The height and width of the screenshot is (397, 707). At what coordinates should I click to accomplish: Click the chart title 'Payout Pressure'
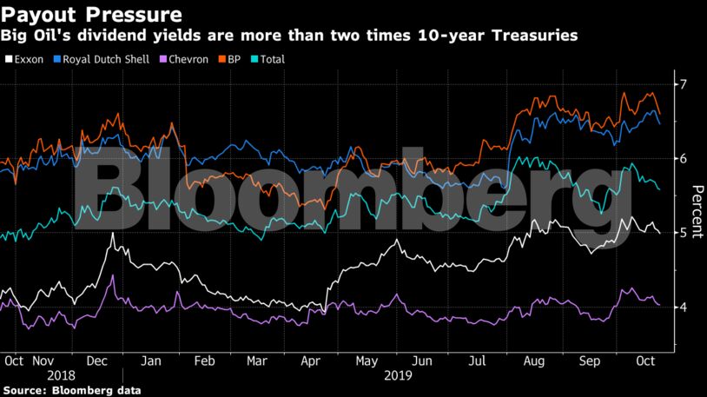pyautogui.click(x=91, y=15)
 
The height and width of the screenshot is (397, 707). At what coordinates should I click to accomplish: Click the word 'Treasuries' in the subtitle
pyautogui.click(x=536, y=36)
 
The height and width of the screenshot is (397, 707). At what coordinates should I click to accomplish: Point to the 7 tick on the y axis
pyautogui.click(x=684, y=84)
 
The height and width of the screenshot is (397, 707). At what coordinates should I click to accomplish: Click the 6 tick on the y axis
pyautogui.click(x=684, y=158)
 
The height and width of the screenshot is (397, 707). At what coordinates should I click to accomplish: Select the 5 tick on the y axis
pyautogui.click(x=684, y=233)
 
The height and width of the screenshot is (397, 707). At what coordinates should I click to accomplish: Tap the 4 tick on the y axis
pyautogui.click(x=684, y=307)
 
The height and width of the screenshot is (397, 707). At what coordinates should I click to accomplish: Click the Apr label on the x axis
pyautogui.click(x=309, y=360)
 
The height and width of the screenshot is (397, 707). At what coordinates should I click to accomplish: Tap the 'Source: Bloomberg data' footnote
pyautogui.click(x=70, y=390)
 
